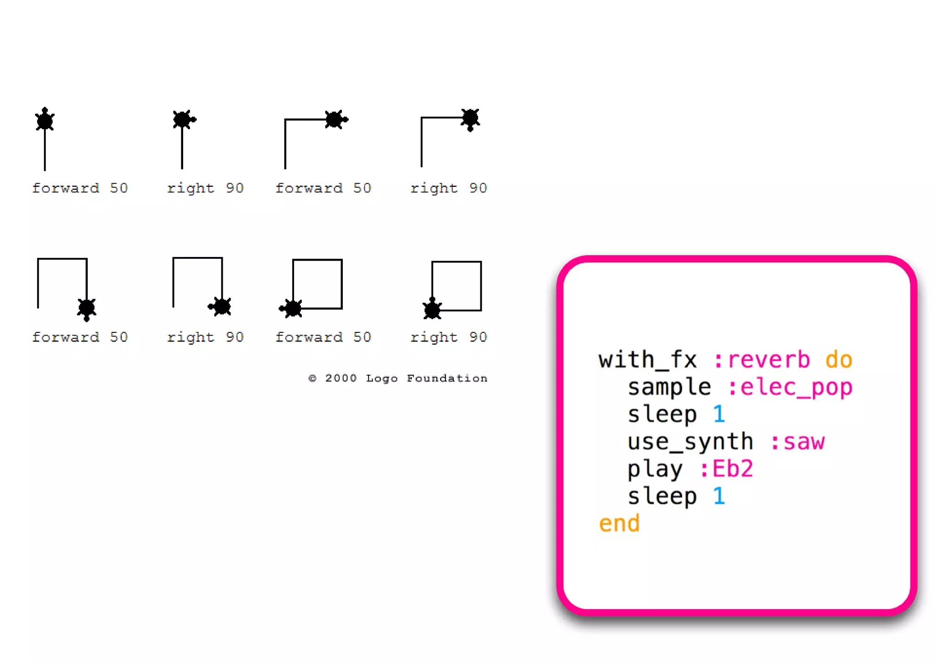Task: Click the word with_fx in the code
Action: (647, 360)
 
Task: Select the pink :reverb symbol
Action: (762, 360)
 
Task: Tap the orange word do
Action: (839, 360)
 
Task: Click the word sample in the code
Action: (669, 388)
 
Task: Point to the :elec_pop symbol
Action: (790, 388)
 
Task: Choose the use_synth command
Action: (690, 442)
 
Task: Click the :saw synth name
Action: (798, 442)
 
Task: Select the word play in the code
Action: (655, 469)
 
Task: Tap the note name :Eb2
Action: (726, 469)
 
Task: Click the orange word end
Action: (619, 523)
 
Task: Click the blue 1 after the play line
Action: (719, 496)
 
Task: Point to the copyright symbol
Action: (312, 378)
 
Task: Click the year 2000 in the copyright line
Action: (341, 378)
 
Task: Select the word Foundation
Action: (447, 378)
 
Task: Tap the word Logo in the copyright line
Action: (382, 378)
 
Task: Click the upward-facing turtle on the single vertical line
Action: (45, 120)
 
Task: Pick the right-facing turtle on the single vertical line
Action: (183, 120)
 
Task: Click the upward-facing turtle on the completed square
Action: (432, 309)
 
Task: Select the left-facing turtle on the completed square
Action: (291, 309)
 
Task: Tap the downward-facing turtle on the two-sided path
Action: (470, 119)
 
